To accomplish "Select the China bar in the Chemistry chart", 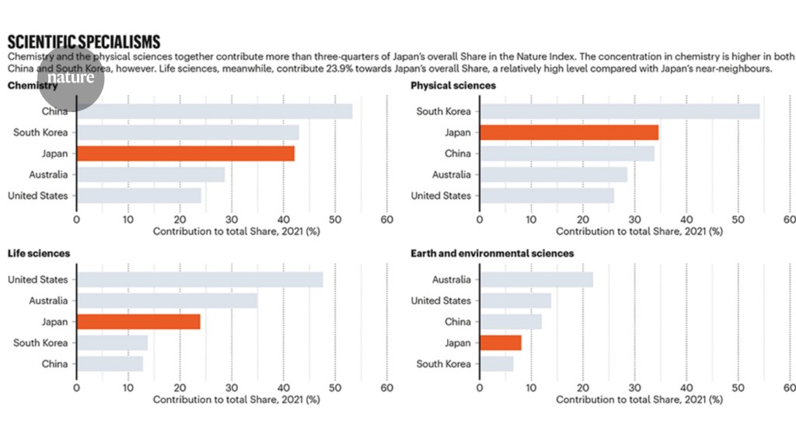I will [214, 111].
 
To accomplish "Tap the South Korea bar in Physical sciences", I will [620, 111].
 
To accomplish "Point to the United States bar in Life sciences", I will [200, 279].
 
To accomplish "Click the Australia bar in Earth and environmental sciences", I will [536, 279].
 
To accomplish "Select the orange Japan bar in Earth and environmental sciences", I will [501, 342].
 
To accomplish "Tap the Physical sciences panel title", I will [453, 86].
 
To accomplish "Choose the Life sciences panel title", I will [39, 254].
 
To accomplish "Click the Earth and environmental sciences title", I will [492, 254].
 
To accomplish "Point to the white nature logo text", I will [72, 77].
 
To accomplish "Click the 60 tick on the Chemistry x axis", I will [386, 220].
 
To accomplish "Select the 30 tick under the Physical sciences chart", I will [634, 220].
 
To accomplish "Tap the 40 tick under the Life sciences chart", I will [283, 388].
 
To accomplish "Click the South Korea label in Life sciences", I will [40, 342].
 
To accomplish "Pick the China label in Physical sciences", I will [458, 153].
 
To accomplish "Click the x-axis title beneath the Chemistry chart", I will [236, 231].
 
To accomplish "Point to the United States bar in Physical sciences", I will [546, 195].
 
